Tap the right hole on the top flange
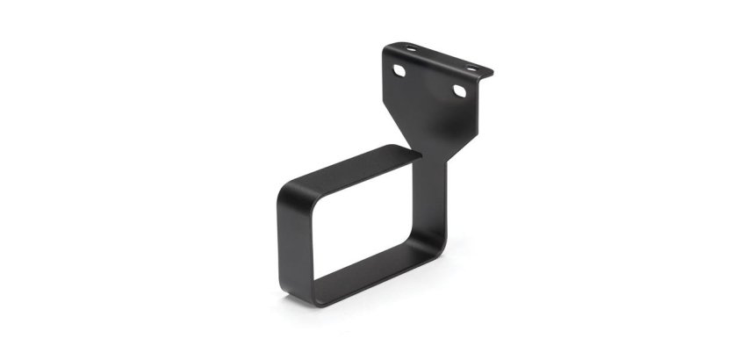[471, 67]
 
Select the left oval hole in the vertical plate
[400, 69]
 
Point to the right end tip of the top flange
[493, 72]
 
